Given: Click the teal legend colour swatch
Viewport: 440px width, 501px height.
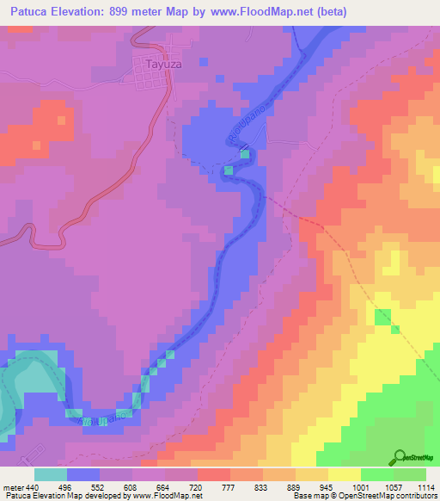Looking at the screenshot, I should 51,474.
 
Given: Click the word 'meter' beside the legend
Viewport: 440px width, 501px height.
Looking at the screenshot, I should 12,486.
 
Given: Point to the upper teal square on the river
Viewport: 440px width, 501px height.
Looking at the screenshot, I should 246,154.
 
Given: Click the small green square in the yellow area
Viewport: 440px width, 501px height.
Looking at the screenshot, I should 395,329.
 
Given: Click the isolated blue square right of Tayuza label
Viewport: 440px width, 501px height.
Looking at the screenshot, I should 204,62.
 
